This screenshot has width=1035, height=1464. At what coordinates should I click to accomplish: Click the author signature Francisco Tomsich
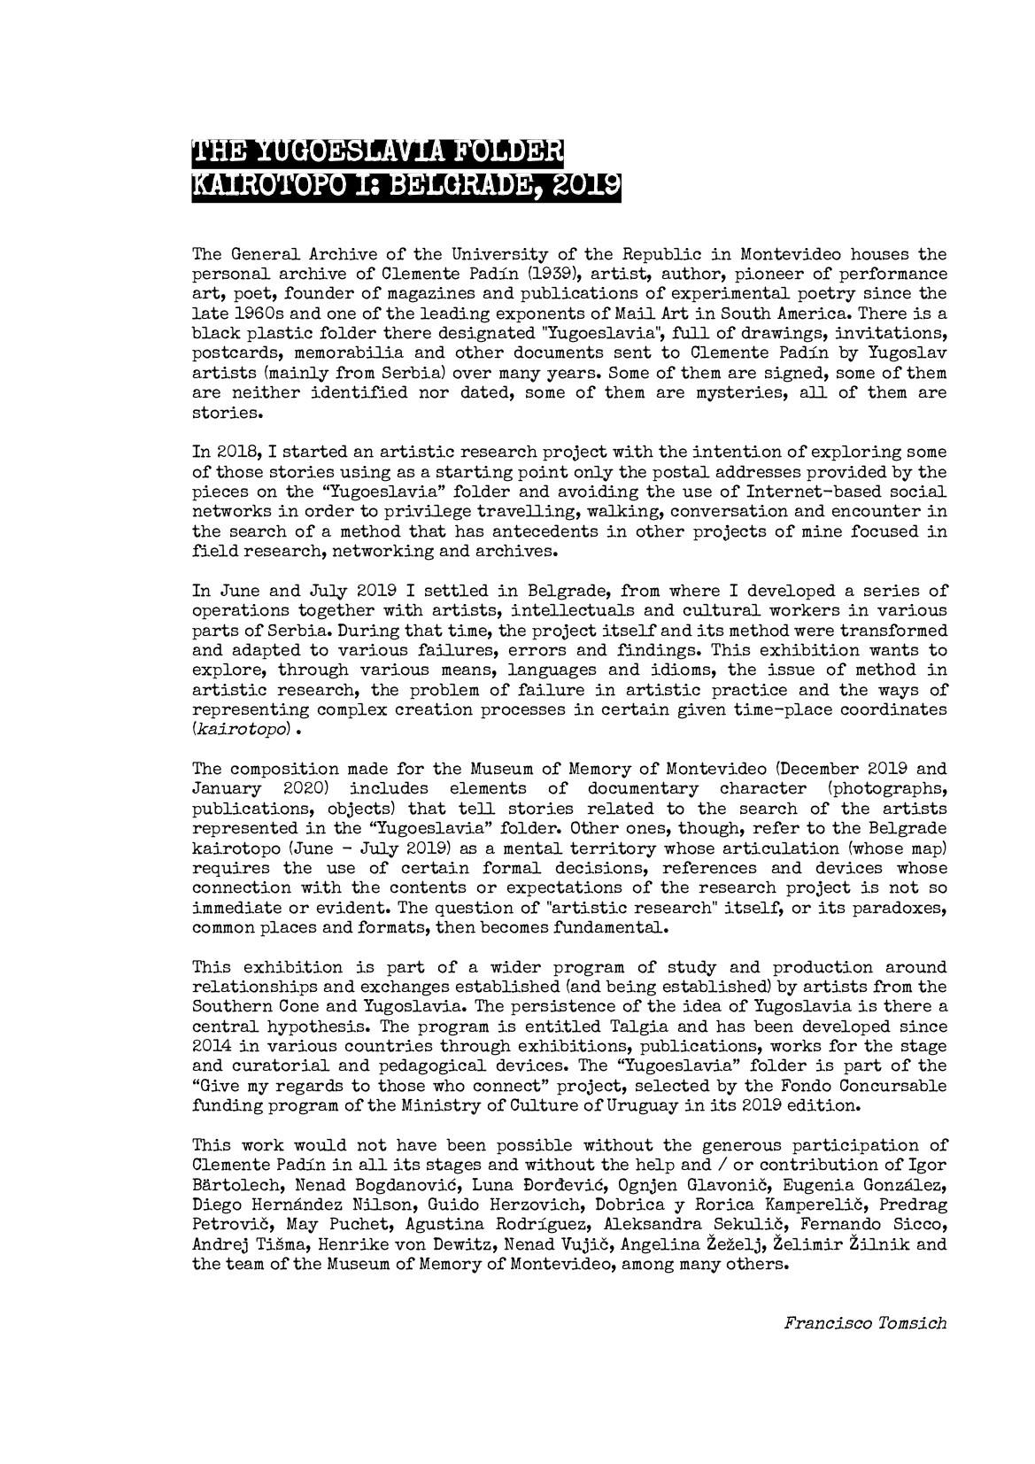(864, 1323)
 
